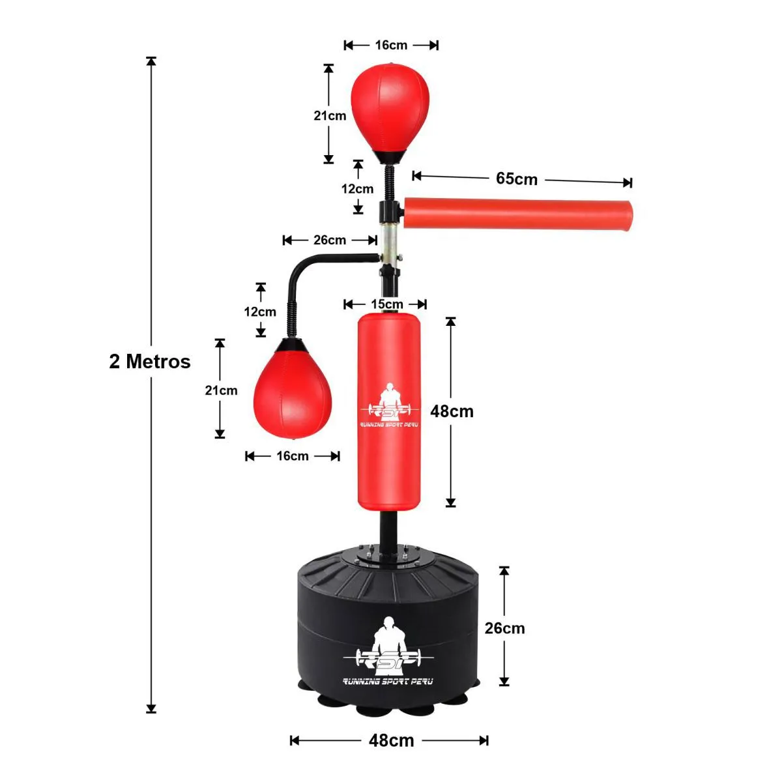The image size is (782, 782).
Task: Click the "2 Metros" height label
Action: [150, 361]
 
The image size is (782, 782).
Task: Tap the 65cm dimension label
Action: [517, 179]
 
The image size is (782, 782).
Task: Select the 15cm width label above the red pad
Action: [386, 304]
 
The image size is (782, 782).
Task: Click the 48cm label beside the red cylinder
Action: [452, 411]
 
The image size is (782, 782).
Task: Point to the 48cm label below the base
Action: [391, 740]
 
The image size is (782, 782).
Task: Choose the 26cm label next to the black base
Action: [504, 628]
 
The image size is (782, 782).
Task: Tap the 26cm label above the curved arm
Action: [330, 240]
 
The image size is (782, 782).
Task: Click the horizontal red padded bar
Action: [518, 214]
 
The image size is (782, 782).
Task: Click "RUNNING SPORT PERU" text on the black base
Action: [388, 682]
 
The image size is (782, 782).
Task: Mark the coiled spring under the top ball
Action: [390, 182]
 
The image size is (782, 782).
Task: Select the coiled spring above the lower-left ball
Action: [291, 321]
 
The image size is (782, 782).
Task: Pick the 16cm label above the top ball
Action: [391, 45]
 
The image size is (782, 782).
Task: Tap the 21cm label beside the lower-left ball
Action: [221, 390]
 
